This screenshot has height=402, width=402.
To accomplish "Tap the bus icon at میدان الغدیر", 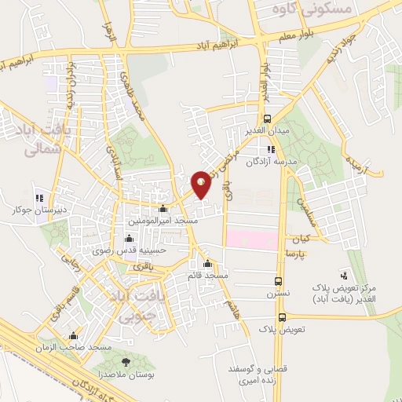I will (268, 119).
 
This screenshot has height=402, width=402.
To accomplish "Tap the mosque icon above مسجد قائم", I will (207, 264).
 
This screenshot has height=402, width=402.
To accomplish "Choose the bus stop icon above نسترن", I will (279, 281).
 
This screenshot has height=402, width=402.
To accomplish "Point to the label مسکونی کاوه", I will (301, 9).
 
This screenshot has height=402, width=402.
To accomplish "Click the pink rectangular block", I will (252, 239).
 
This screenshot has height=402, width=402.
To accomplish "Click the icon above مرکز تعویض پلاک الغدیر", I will (344, 275).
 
